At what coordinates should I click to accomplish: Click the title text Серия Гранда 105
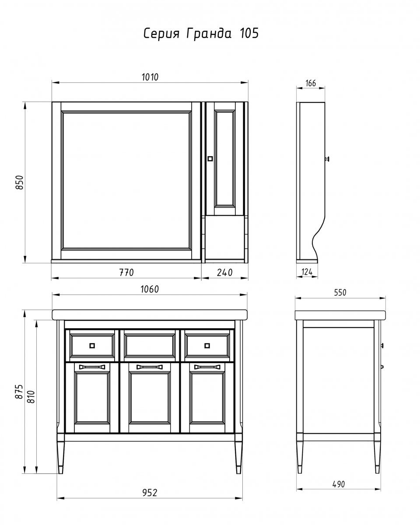coord(201,33)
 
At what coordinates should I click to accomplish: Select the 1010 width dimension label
coord(150,77)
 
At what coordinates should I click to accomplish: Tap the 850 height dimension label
coord(20,182)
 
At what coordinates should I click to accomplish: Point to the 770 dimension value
coord(126,273)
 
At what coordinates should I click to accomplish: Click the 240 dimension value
coord(224,273)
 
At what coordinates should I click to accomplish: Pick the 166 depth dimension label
coord(311,83)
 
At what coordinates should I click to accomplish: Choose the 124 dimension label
coord(307,272)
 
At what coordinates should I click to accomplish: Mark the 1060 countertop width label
coord(150,289)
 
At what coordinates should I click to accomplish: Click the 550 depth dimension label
coord(340,293)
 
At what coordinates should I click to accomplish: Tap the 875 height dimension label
coord(19,392)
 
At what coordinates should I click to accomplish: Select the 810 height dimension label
coord(31,397)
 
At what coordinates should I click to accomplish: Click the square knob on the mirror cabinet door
coord(210,159)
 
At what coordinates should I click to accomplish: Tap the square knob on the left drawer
coord(92,346)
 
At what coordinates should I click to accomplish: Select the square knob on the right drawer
coord(207,346)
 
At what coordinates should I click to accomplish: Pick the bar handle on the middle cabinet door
coord(149,374)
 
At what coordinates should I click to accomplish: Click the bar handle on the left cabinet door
coord(92,374)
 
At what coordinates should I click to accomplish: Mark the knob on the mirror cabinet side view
coord(327,159)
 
